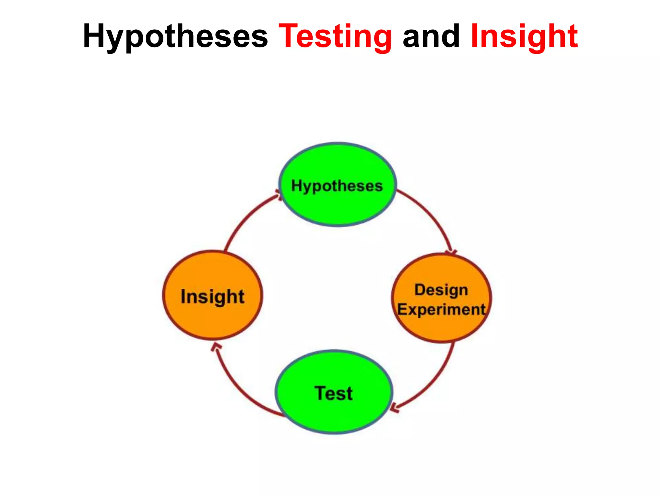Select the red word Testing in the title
pos(335,36)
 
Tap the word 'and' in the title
pos(431,36)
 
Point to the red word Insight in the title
pos(524,36)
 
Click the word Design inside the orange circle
pos(441,290)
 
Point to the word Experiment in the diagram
pos(441,310)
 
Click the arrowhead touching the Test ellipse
pos(394,408)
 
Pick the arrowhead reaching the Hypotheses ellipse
pos(278,194)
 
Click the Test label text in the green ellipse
pos(334,393)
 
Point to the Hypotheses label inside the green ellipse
pos(337,186)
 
